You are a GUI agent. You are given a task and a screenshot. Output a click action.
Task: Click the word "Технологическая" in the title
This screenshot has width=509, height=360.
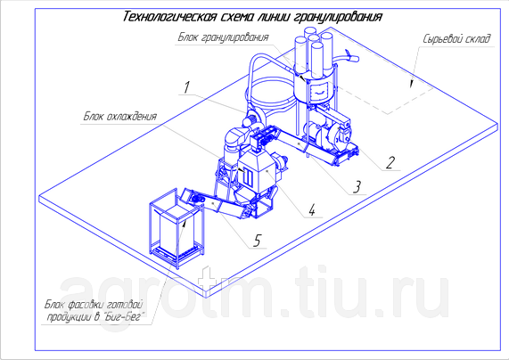[x=169, y=17]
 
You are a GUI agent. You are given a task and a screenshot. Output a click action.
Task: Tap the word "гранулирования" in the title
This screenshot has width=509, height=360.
[x=338, y=17]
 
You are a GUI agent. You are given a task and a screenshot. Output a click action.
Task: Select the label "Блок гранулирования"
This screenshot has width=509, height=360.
[x=224, y=37]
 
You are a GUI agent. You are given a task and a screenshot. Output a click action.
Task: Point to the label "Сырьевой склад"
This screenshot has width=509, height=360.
[x=456, y=39]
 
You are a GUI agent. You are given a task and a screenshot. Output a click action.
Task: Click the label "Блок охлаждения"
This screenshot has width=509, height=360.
[x=120, y=116]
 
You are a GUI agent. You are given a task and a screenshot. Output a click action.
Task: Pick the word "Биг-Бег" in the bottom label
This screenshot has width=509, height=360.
[x=124, y=316]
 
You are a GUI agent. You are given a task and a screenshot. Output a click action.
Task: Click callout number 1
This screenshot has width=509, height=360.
[x=186, y=87]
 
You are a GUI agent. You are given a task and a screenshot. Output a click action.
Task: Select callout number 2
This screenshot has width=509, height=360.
[x=390, y=163]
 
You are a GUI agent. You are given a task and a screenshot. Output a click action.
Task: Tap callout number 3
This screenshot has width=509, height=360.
[x=357, y=187]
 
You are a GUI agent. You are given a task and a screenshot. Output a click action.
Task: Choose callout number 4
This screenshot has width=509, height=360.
[x=312, y=209]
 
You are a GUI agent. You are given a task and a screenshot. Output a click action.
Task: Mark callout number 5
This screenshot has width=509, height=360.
[x=257, y=241]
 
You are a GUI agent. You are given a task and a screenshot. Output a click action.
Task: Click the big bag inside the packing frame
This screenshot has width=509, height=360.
[x=176, y=227]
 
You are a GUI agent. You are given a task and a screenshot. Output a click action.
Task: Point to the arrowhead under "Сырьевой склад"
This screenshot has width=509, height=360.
[x=412, y=84]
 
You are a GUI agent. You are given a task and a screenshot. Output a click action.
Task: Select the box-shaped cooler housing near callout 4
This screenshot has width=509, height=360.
[x=259, y=169]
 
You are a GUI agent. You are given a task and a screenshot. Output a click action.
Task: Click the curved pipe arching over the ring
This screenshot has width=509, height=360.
[x=259, y=59]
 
